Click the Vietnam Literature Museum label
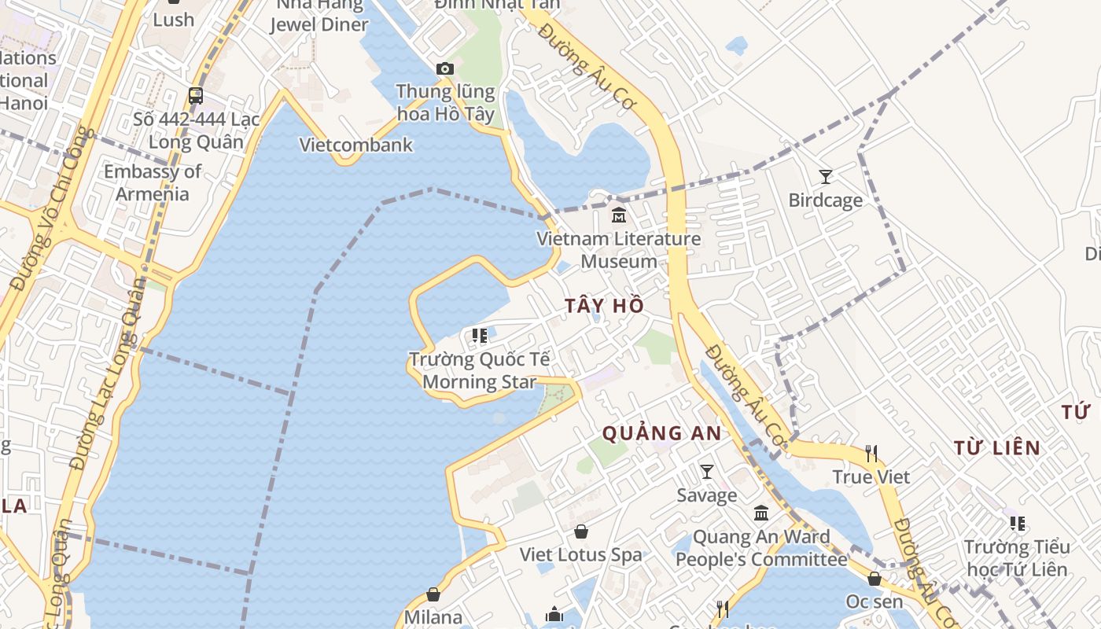pos(619,250)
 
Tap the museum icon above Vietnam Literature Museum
pos(619,215)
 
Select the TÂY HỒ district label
pos(604,306)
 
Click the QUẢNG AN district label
pos(661,432)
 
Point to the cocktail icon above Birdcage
pos(826,177)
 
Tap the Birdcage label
pos(826,200)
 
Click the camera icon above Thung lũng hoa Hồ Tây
pos(445,69)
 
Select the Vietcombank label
pos(356,145)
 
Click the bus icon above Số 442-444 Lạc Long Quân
pos(196,96)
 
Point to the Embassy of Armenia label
pos(153,182)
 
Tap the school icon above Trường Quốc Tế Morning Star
pos(479,336)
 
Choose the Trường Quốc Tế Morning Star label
pos(479,371)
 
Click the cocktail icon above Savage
pos(707,472)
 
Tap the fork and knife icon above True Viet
pos(871,454)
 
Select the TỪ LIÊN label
pos(997,448)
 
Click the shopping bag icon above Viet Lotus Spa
pos(581,532)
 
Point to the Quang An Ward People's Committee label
pos(761,548)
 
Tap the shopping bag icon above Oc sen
pos(875,579)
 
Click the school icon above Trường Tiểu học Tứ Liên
pos(1017,523)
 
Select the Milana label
pos(433,616)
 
